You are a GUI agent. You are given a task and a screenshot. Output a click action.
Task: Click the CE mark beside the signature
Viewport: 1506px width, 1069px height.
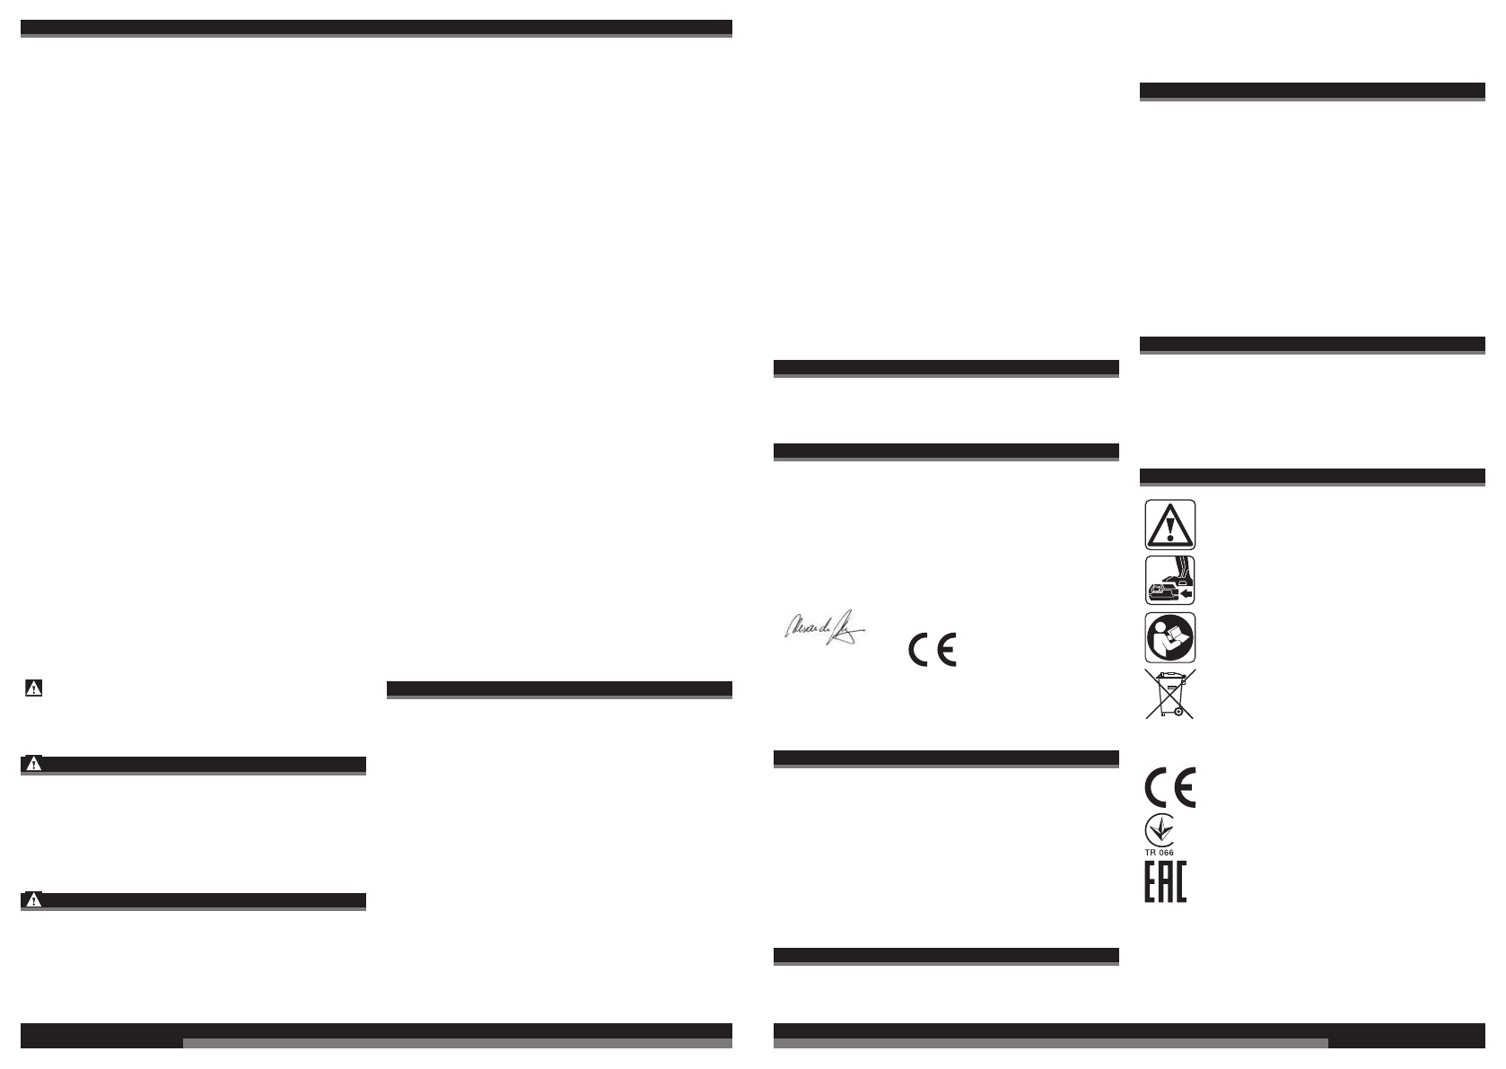[932, 649]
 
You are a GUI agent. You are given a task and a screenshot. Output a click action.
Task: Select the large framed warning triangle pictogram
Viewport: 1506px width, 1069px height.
[1169, 523]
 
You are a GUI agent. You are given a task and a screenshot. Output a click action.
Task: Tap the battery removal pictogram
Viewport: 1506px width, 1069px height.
[1169, 580]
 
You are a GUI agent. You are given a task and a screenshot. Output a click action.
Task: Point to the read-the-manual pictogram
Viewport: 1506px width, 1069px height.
[1169, 637]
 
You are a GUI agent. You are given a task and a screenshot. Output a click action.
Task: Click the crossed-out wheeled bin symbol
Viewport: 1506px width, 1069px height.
[1169, 694]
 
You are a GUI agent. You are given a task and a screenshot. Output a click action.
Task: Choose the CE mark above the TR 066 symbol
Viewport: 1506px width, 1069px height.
[1169, 786]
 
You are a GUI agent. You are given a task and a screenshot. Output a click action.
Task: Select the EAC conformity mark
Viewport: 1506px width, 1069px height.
[1165, 882]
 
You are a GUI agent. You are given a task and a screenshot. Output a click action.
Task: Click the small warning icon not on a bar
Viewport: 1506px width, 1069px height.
[33, 688]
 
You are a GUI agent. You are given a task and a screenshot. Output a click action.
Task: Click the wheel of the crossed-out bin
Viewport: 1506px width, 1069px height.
[1166, 713]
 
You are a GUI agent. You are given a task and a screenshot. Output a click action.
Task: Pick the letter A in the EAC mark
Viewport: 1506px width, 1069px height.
[1165, 882]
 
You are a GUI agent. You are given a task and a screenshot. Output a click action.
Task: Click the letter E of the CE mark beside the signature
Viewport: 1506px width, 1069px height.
[946, 649]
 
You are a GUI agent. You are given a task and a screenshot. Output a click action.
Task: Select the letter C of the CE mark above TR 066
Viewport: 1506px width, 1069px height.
[1157, 786]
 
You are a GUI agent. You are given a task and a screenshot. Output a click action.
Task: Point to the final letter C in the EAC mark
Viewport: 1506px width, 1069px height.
[1179, 882]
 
